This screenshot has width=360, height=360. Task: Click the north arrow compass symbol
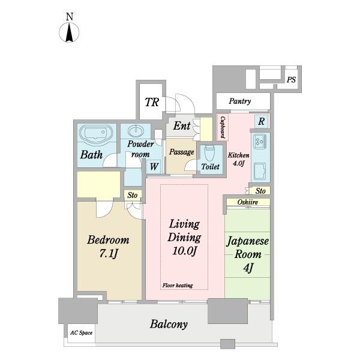click(69, 32)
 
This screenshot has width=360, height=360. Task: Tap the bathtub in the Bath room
click(96, 135)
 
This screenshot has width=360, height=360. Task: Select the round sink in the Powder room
click(136, 131)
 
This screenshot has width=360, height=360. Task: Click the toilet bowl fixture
click(209, 153)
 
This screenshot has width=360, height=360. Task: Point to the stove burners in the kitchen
click(260, 141)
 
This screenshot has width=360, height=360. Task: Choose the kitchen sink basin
click(260, 171)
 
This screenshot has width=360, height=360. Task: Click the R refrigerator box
click(261, 121)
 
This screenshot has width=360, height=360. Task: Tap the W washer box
click(154, 166)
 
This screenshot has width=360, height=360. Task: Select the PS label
click(291, 80)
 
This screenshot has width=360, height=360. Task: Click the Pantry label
click(239, 101)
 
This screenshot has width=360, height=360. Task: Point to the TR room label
click(152, 102)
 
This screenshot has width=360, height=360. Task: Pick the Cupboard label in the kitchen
click(223, 127)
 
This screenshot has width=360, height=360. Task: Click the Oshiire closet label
click(247, 202)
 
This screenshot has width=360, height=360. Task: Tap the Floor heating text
click(178, 286)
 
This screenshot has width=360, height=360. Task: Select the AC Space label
click(81, 332)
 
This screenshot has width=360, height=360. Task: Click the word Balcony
click(169, 324)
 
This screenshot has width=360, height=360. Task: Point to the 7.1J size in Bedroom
click(109, 253)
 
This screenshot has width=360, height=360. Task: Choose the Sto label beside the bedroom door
click(132, 195)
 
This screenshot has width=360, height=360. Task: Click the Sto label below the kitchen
click(260, 191)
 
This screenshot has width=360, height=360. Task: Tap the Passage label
click(182, 152)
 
